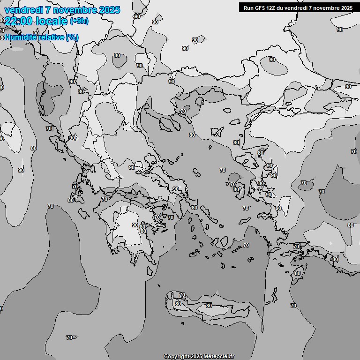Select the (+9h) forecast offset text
[x=79, y=21]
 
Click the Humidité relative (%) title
[x=41, y=37]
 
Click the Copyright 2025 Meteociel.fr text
[x=199, y=356]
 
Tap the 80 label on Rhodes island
[x=298, y=273]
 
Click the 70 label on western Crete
[x=182, y=295]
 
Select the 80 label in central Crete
[x=209, y=305]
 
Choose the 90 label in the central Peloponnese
[x=135, y=225]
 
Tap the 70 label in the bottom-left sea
[x=69, y=337]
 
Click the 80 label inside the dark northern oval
[x=117, y=55]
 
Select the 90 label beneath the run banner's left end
[x=272, y=60]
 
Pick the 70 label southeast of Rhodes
[x=293, y=306]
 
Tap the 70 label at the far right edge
[x=354, y=151]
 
